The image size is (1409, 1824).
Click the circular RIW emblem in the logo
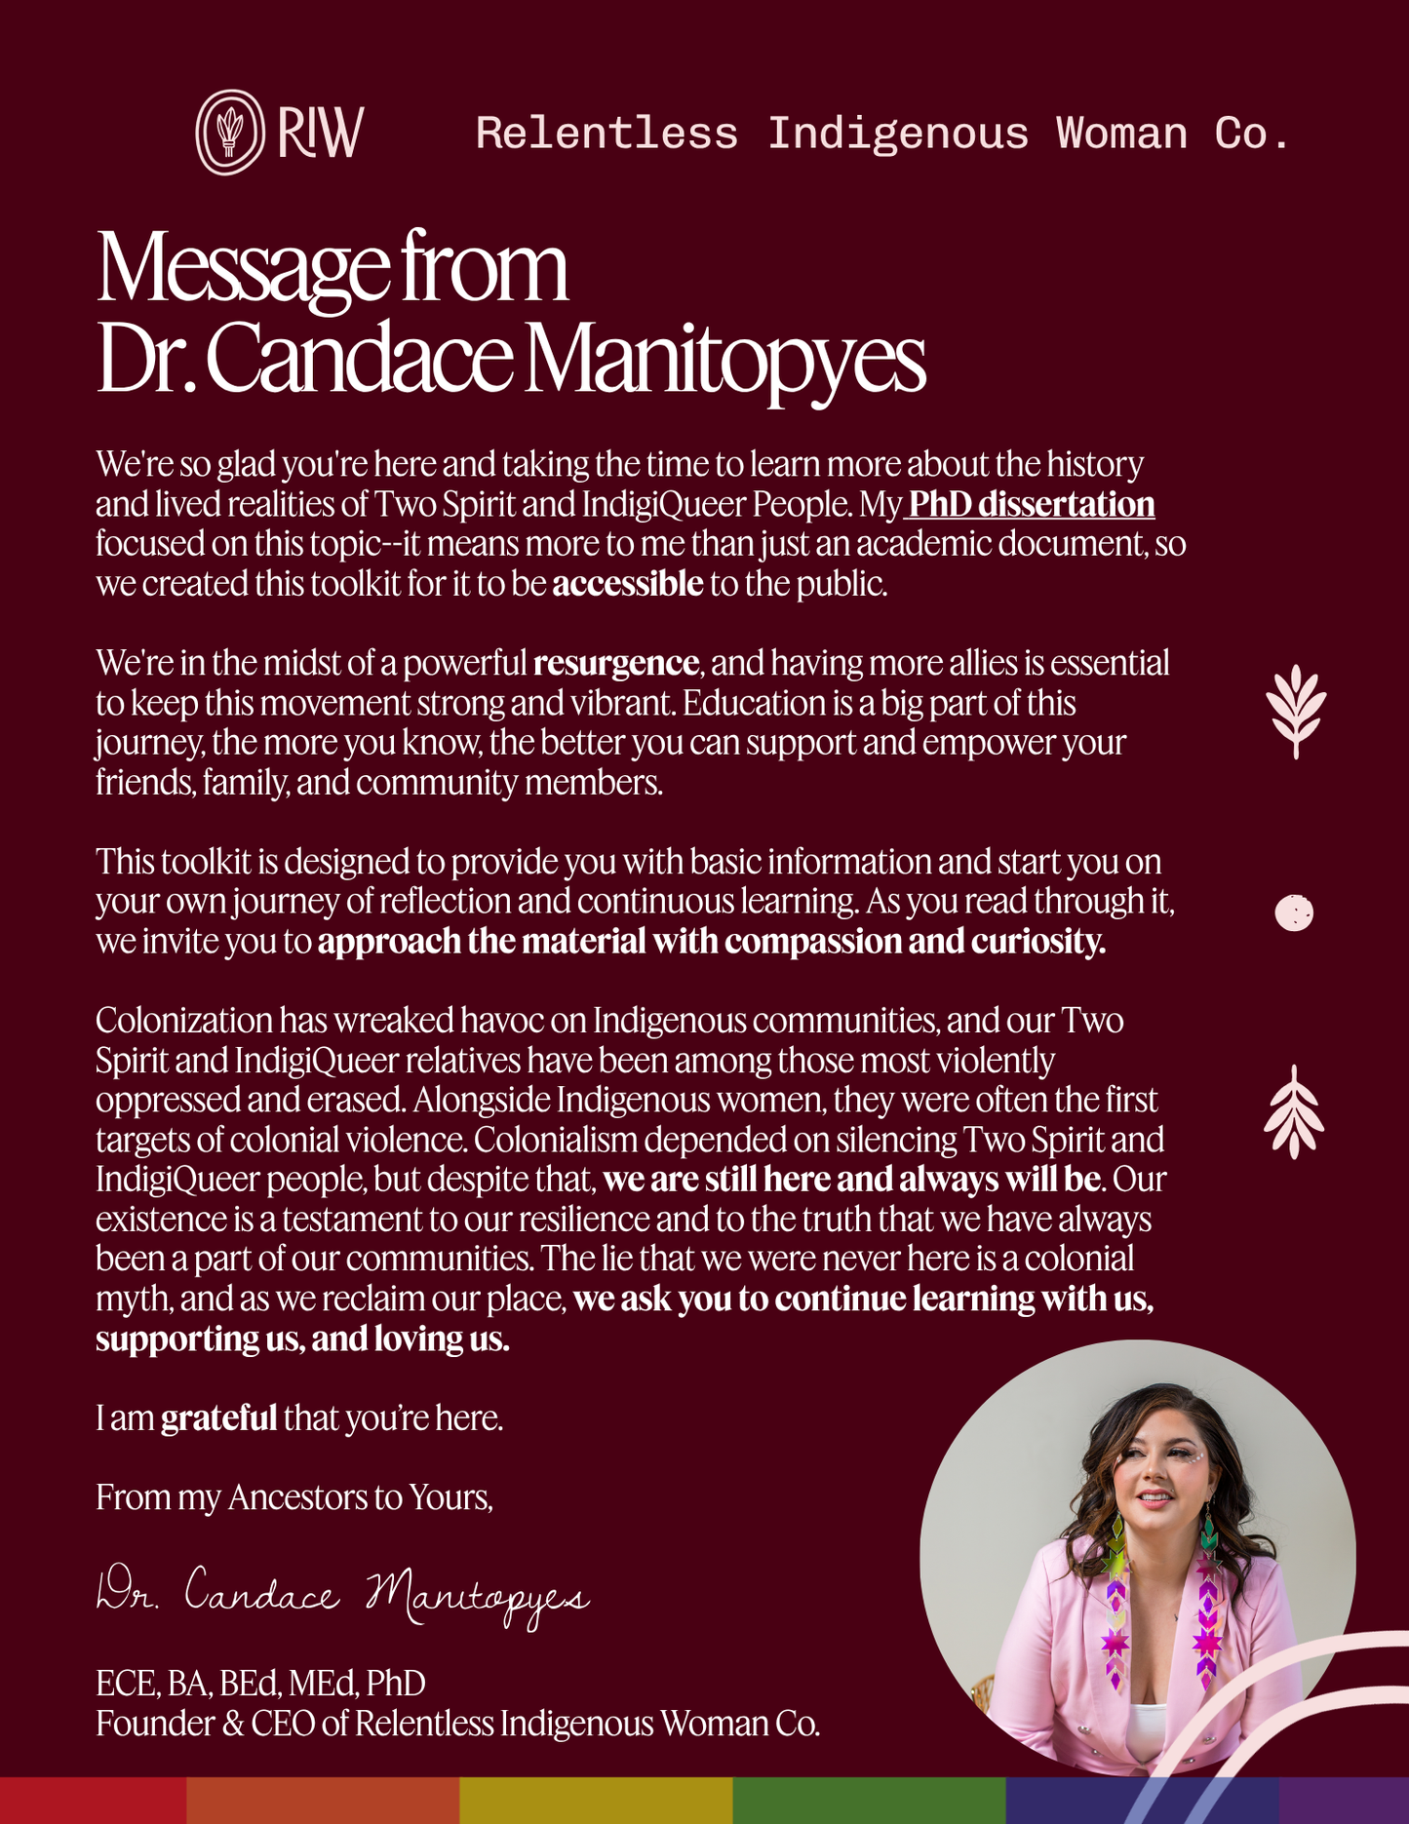pos(229,133)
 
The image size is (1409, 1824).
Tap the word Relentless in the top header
pos(607,134)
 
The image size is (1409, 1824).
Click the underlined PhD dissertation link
pos(1032,504)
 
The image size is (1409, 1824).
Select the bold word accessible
pos(628,584)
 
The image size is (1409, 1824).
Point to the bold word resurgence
pos(615,663)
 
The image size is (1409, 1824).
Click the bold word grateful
pos(218,1417)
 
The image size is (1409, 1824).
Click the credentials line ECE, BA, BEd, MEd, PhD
pos(260,1684)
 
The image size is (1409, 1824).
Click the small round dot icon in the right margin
pos(1294,912)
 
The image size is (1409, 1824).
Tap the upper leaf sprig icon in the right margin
pos(1295,711)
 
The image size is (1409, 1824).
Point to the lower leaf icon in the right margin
pos(1294,1112)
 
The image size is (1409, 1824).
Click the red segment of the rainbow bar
pos(93,1801)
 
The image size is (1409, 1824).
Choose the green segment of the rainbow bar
pos(868,1801)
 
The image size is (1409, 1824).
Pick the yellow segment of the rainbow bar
pos(595,1801)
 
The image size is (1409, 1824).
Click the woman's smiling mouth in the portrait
pos(1155,1496)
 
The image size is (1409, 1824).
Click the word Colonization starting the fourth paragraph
pos(184,1021)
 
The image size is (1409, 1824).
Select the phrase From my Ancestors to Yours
pos(294,1497)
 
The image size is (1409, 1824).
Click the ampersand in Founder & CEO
pos(233,1725)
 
